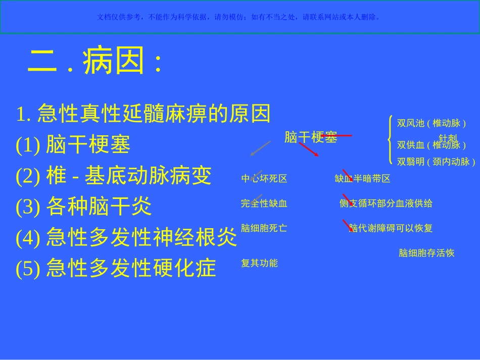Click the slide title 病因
click(94, 62)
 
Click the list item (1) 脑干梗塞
click(73, 145)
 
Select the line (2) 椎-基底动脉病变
click(114, 176)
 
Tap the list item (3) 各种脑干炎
click(84, 206)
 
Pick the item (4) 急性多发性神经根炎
click(126, 237)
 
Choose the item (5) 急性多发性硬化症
click(116, 268)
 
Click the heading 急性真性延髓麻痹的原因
click(143, 114)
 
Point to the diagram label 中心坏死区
click(264, 179)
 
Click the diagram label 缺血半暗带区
click(362, 179)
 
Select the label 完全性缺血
click(264, 203)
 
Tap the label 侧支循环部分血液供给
click(386, 203)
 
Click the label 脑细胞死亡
click(264, 228)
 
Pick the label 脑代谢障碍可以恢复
click(391, 228)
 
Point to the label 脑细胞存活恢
click(426, 253)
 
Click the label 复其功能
click(259, 263)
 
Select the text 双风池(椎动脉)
click(431, 123)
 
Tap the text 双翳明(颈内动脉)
click(436, 162)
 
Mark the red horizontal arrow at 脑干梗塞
click(337, 135)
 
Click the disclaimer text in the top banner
click(239, 17)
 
